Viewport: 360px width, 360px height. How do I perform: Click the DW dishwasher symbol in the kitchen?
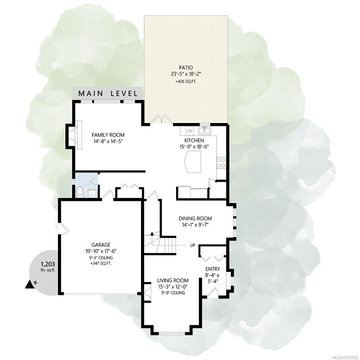(189, 131)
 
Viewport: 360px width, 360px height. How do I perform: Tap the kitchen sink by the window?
(204, 131)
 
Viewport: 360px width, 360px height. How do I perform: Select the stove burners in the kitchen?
(221, 162)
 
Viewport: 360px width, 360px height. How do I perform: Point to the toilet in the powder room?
(80, 192)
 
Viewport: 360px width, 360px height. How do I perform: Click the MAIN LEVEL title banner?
(108, 93)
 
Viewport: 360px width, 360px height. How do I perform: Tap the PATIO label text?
(186, 68)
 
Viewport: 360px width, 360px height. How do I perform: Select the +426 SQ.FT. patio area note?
(186, 81)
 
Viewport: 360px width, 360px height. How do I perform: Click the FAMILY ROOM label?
(108, 135)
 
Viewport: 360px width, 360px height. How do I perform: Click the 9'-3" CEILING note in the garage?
(101, 258)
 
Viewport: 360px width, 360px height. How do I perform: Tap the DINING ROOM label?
(195, 219)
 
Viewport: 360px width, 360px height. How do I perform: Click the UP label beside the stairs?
(192, 245)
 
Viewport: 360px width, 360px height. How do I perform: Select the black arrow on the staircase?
(152, 233)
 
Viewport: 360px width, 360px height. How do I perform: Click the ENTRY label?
(213, 269)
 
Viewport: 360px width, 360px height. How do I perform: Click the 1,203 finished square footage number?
(48, 264)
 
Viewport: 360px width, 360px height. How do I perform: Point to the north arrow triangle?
(29, 284)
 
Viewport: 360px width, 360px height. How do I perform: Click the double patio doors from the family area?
(161, 119)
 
